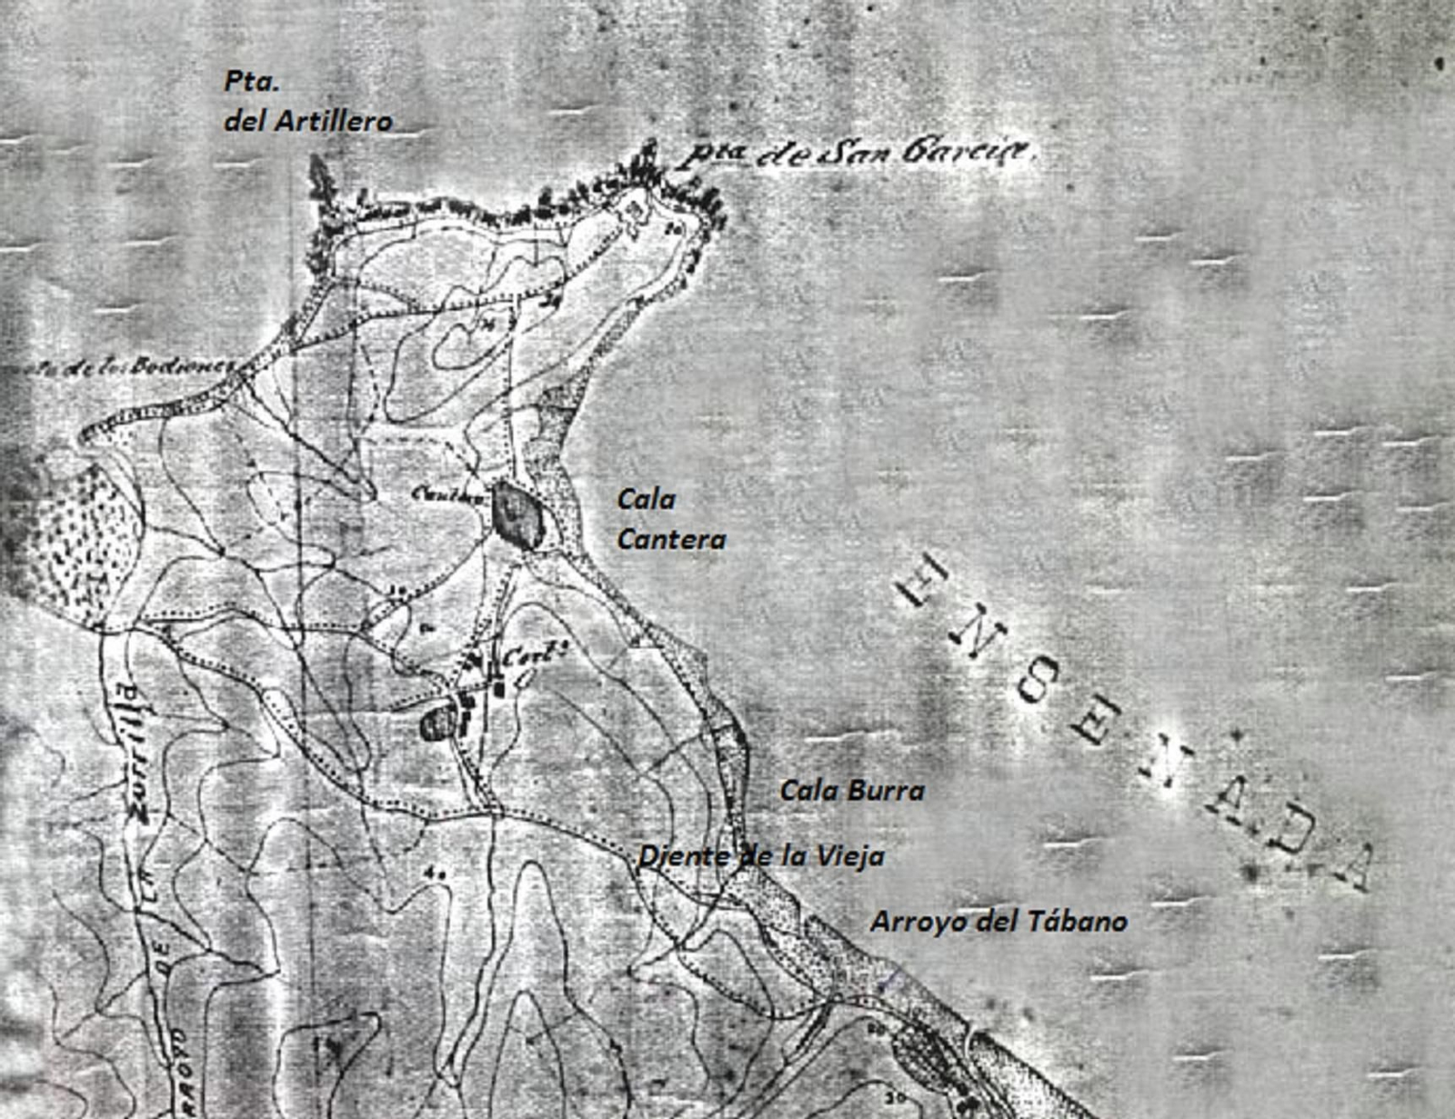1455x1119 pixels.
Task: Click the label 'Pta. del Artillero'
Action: pyautogui.click(x=307, y=102)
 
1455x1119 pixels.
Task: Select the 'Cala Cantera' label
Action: pyautogui.click(x=671, y=519)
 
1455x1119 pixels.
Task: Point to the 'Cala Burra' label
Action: pyautogui.click(x=852, y=791)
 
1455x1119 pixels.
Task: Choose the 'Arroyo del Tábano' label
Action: pyautogui.click(x=998, y=922)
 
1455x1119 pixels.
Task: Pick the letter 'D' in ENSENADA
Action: pyautogui.click(x=1297, y=825)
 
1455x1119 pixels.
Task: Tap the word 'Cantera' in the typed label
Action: pyautogui.click(x=671, y=539)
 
